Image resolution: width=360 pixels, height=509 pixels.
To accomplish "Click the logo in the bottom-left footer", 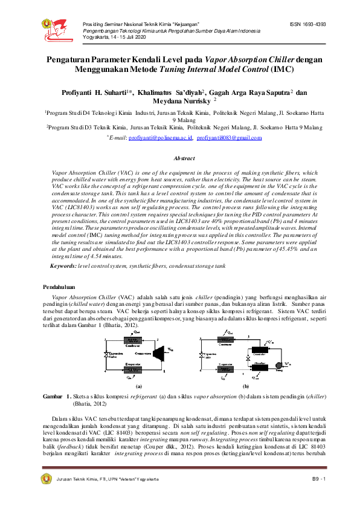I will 46,478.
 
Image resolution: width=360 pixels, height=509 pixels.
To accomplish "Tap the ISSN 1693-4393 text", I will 307,24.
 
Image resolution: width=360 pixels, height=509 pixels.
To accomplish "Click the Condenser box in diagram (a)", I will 133,340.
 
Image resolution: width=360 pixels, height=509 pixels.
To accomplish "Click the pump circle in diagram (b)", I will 279,365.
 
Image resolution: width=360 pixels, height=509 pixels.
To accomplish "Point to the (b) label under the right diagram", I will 246,384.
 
